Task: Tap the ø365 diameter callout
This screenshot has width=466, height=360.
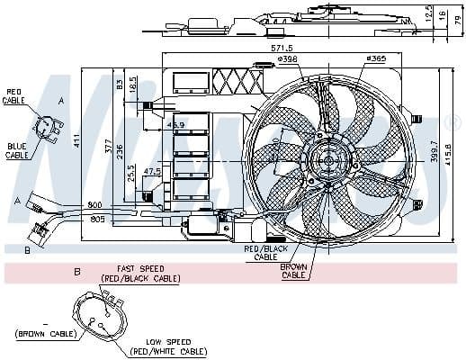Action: click(376, 60)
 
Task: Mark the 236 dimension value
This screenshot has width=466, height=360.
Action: click(119, 152)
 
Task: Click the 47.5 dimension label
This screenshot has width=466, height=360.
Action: click(153, 170)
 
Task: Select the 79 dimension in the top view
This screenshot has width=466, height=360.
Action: click(456, 20)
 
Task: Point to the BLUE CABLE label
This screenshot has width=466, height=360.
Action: click(17, 151)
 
